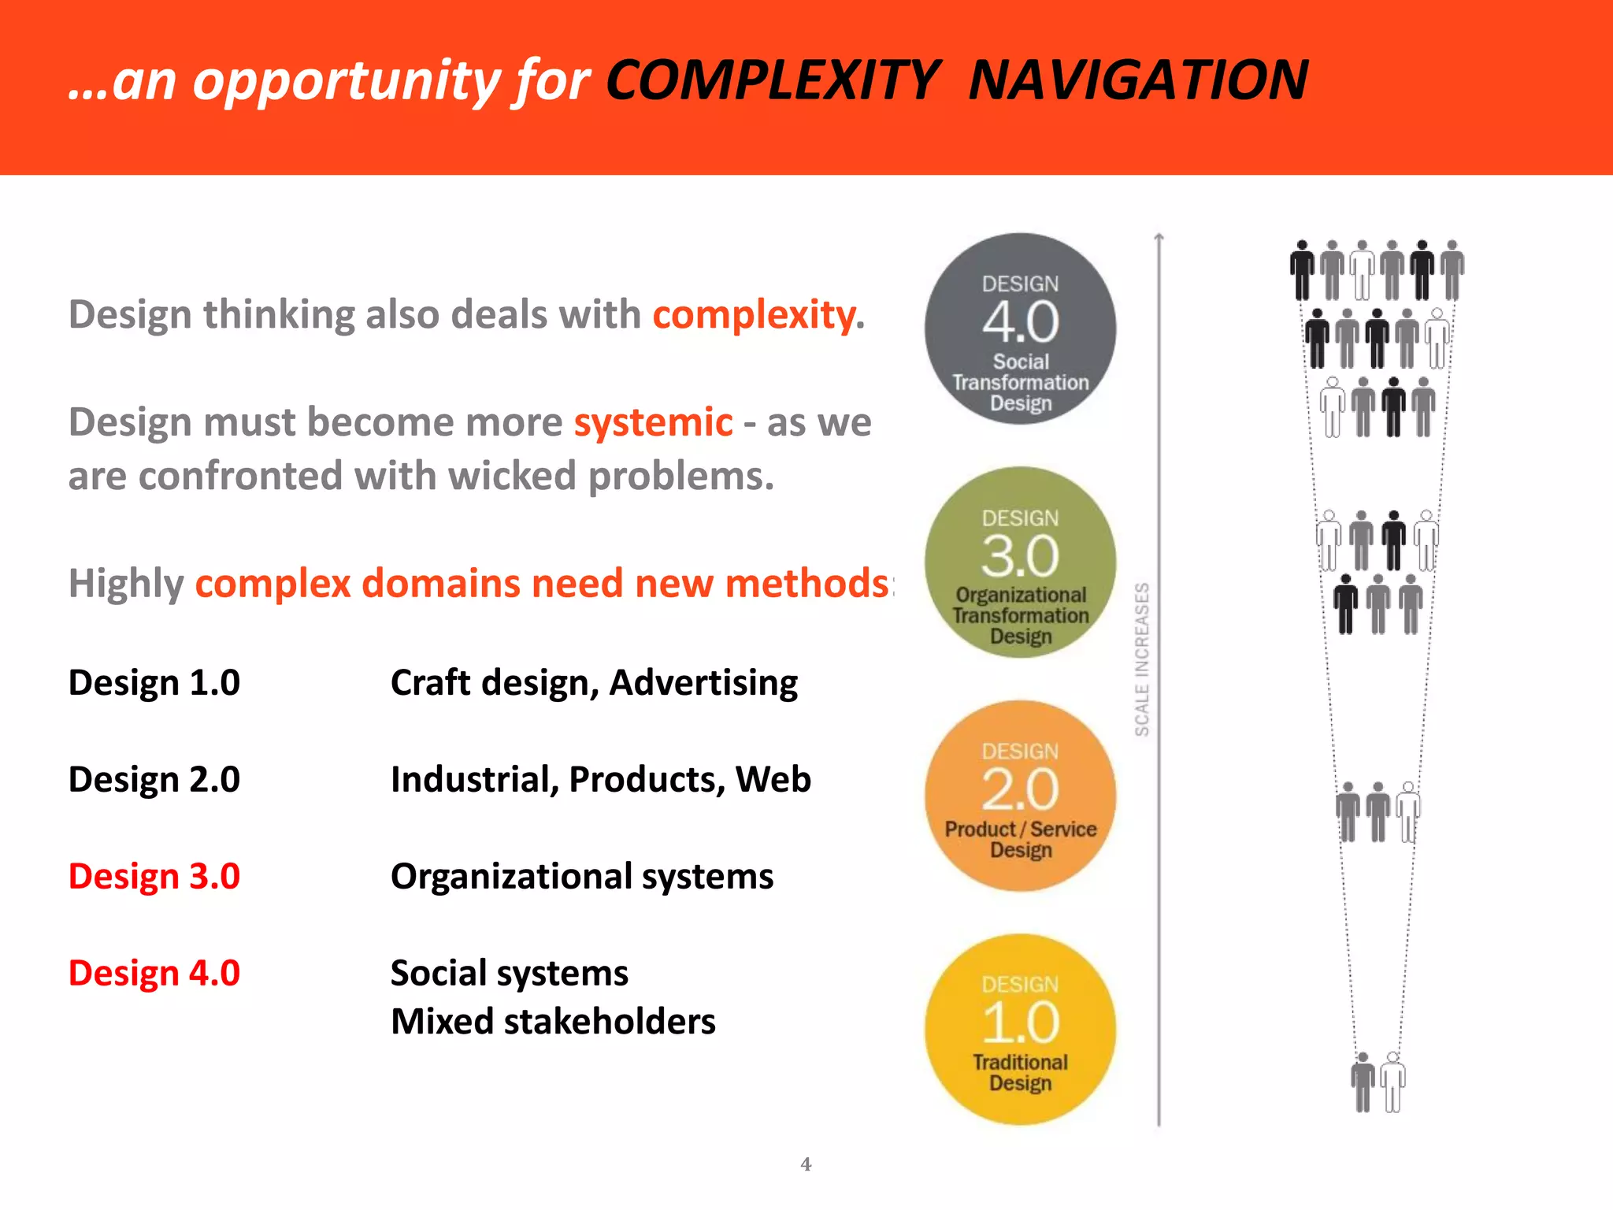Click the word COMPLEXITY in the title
[773, 80]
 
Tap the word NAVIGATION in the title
[1138, 80]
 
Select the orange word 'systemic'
[653, 422]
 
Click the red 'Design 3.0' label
[154, 876]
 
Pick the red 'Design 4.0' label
[154, 973]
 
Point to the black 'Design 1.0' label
[154, 682]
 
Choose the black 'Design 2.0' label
[154, 779]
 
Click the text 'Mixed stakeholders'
[553, 1022]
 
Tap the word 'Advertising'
[703, 682]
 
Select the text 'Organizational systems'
[582, 876]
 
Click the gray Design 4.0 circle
[1020, 328]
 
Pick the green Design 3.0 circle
[1020, 562]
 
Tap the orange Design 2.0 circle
[1020, 796]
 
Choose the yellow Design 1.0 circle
[1020, 1029]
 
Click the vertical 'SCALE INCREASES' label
[1142, 659]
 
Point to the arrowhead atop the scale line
[1159, 236]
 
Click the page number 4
[806, 1164]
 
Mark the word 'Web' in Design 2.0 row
[773, 779]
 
